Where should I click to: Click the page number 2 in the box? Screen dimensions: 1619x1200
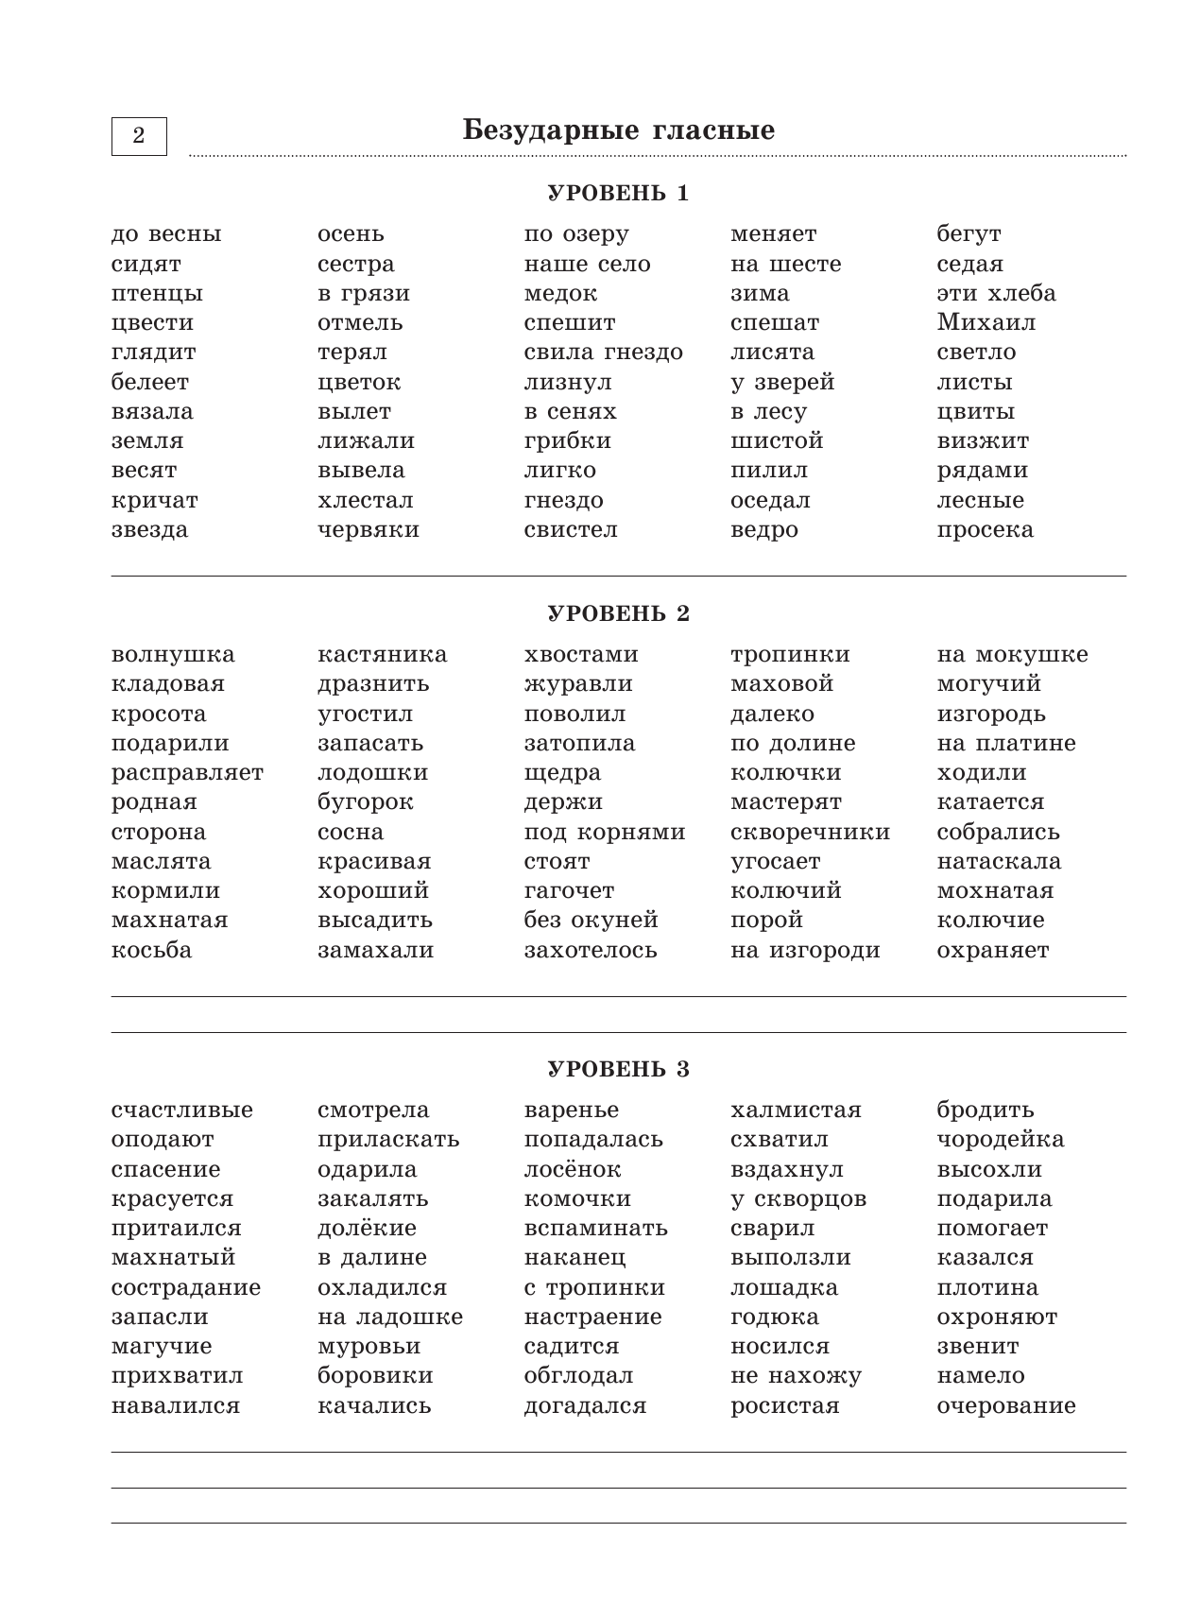click(x=139, y=136)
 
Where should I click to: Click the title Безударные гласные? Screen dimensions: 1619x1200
click(x=619, y=130)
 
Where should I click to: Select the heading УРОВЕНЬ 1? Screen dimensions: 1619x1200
click(x=619, y=194)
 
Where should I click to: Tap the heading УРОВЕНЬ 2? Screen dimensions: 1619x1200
click(x=619, y=614)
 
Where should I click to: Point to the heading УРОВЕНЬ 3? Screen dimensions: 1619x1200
click(x=619, y=1070)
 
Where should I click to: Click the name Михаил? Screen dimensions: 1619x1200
click(x=986, y=322)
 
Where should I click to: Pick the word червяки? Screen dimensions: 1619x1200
click(x=369, y=529)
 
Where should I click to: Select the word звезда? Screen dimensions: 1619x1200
click(x=149, y=529)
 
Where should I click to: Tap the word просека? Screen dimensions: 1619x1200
click(x=985, y=529)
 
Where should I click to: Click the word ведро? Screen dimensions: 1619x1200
click(x=763, y=529)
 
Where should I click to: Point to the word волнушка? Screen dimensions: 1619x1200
click(x=173, y=655)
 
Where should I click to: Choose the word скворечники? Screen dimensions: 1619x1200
click(x=810, y=833)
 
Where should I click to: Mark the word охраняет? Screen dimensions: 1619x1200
click(x=992, y=951)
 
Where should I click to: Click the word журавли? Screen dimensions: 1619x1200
click(x=578, y=684)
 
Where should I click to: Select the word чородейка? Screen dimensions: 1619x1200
click(x=1000, y=1140)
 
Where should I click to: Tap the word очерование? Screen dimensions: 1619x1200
click(x=1006, y=1406)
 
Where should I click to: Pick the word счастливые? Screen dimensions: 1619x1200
click(x=182, y=1111)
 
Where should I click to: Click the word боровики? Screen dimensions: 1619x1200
click(x=375, y=1376)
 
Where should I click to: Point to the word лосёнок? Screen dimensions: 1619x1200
click(x=573, y=1170)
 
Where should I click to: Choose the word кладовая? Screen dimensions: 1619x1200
click(x=168, y=684)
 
